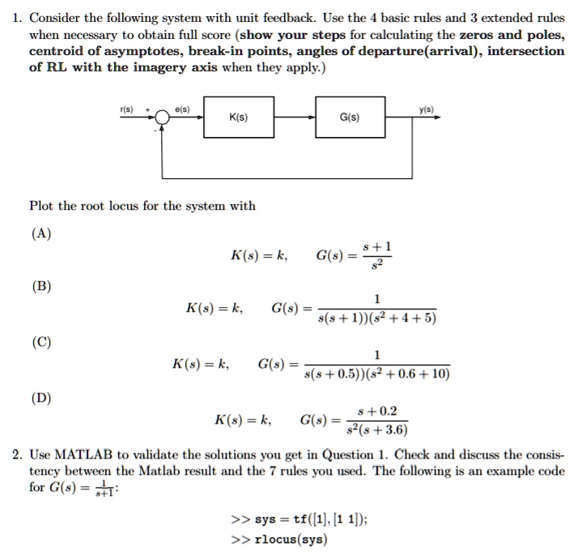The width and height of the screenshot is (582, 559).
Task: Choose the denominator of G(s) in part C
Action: tap(376, 373)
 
